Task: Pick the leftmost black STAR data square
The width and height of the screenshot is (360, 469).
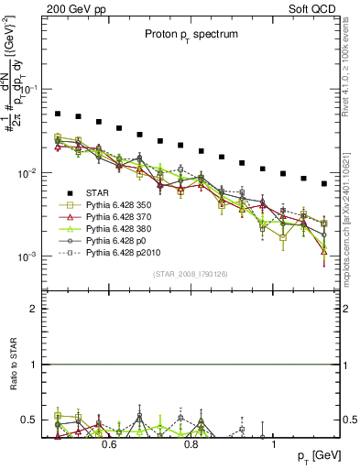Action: tap(58, 115)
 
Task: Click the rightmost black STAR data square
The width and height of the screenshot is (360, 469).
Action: tap(324, 183)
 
